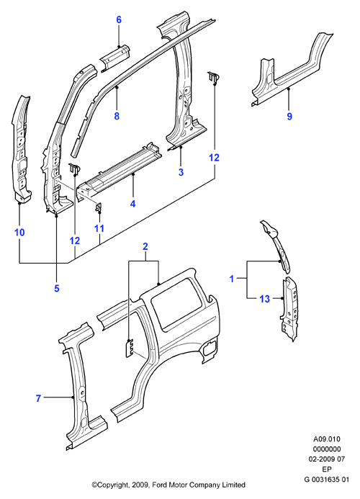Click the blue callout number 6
(x=119, y=19)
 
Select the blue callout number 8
(x=117, y=116)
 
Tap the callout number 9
(x=289, y=116)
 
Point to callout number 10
(x=19, y=233)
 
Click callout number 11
(x=99, y=228)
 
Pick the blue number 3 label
(x=181, y=172)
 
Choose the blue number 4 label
(x=132, y=204)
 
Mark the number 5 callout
(x=57, y=288)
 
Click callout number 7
(x=38, y=398)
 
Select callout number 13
(x=264, y=299)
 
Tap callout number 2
(x=145, y=246)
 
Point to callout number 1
(x=232, y=279)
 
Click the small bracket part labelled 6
(x=115, y=58)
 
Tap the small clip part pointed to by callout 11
(x=99, y=207)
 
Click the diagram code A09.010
(x=327, y=439)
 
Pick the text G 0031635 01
(x=327, y=479)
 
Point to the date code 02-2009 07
(x=327, y=459)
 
